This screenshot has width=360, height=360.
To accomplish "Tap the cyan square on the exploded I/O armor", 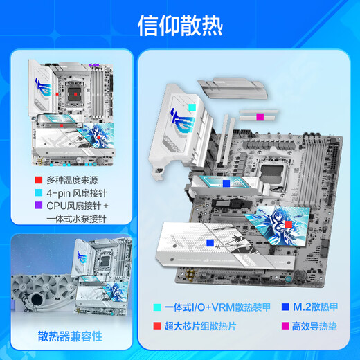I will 190,107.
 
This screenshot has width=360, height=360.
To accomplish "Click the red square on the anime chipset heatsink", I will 288,224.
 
